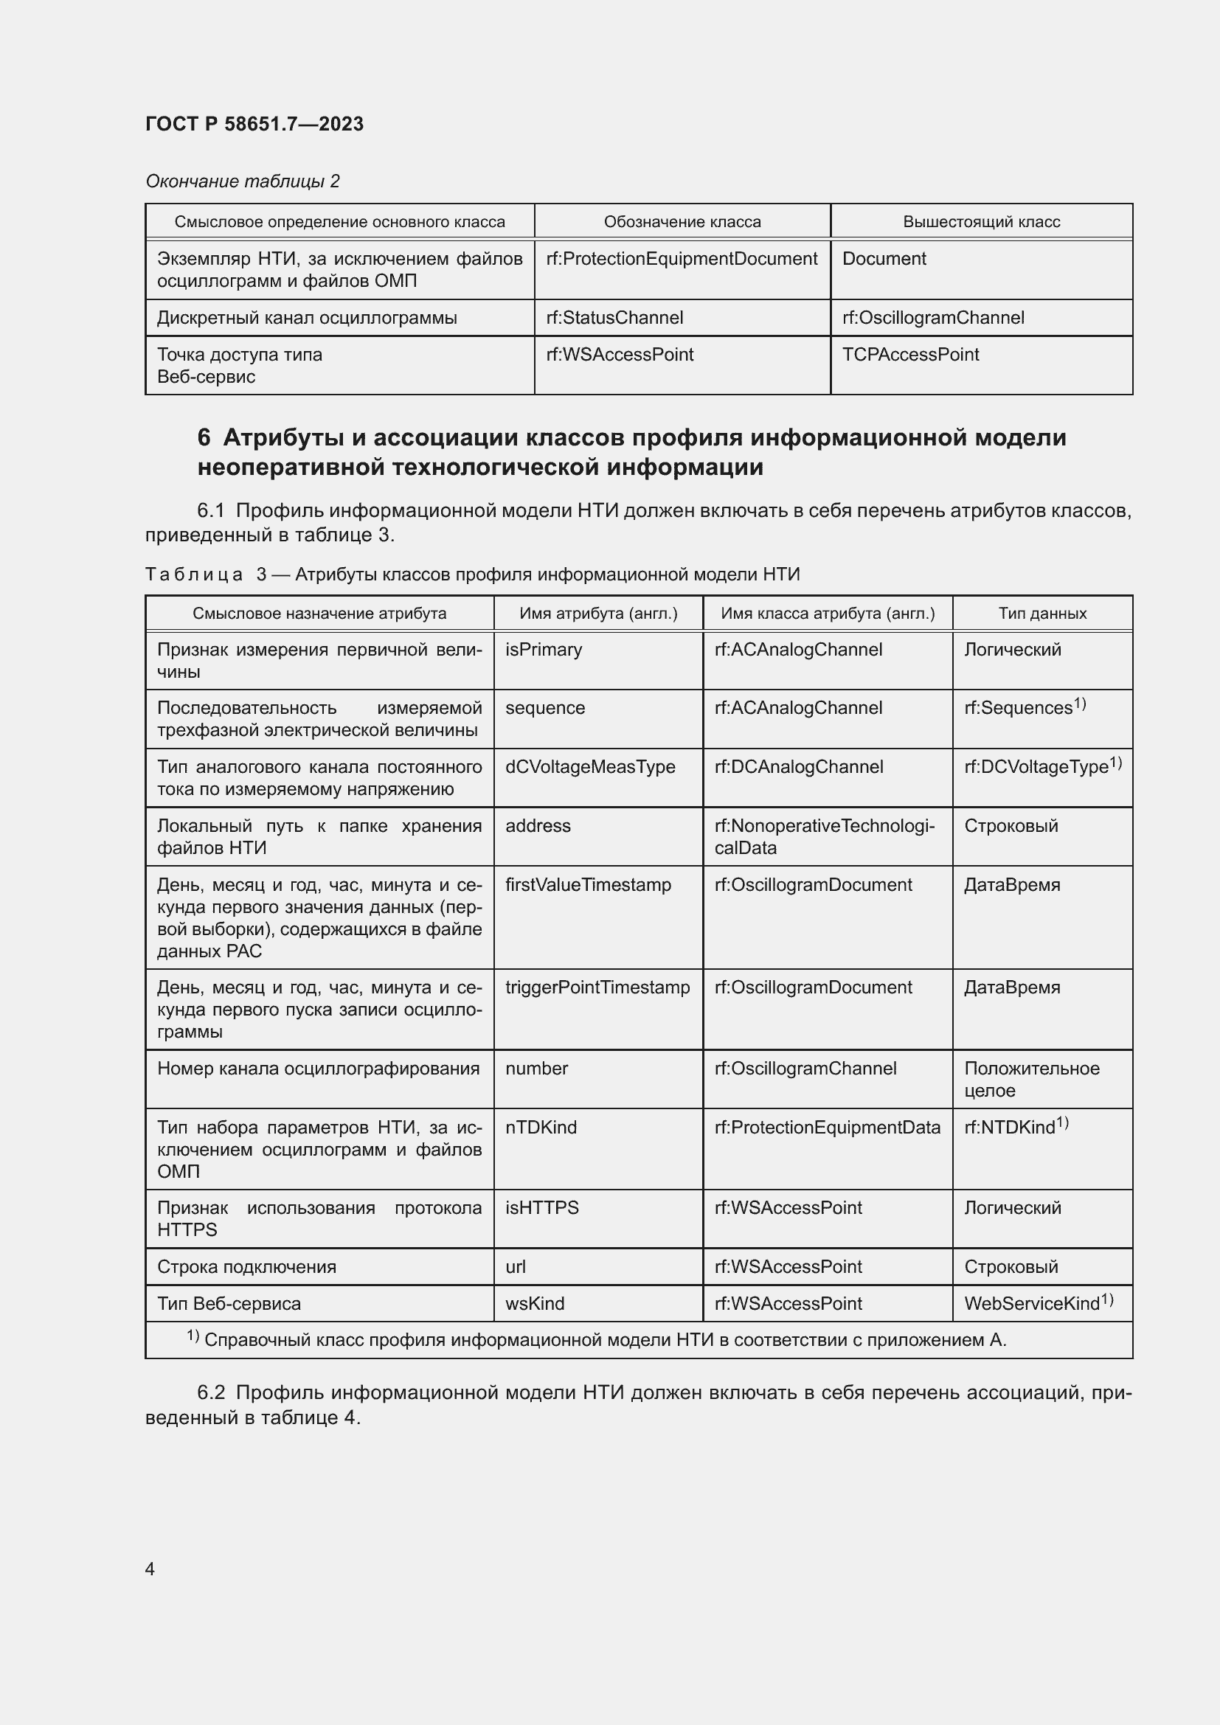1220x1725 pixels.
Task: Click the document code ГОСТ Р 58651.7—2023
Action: pyautogui.click(x=254, y=124)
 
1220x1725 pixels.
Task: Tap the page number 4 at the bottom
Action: pyautogui.click(x=150, y=1569)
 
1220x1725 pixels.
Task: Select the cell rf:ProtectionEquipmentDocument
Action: pyautogui.click(x=682, y=258)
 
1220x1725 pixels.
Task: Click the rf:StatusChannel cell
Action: pyautogui.click(x=614, y=318)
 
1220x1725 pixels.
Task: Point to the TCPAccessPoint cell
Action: pyautogui.click(x=909, y=355)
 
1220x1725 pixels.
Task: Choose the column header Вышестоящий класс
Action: pyautogui.click(x=980, y=222)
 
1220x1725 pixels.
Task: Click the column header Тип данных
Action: pyautogui.click(x=1042, y=613)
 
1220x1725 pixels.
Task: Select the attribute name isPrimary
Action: pyautogui.click(x=543, y=649)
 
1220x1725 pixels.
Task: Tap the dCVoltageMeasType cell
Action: pyautogui.click(x=590, y=766)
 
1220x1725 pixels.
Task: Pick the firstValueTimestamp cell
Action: pyautogui.click(x=587, y=884)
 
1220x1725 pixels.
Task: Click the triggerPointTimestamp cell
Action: pyautogui.click(x=597, y=988)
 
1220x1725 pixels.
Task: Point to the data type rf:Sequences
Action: pyautogui.click(x=1018, y=708)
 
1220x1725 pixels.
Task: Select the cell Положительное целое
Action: pyautogui.click(x=1030, y=1079)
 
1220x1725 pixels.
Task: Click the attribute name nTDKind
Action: pyautogui.click(x=540, y=1127)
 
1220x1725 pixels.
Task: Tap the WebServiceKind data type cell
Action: pyautogui.click(x=1031, y=1303)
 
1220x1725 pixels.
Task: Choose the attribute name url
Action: pyautogui.click(x=516, y=1267)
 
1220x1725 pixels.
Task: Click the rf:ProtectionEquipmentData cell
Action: pyautogui.click(x=826, y=1127)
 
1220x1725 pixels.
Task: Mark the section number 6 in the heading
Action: pyautogui.click(x=204, y=437)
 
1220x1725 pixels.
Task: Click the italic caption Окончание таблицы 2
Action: pyautogui.click(x=242, y=181)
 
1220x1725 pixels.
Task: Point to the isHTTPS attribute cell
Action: pyautogui.click(x=541, y=1207)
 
